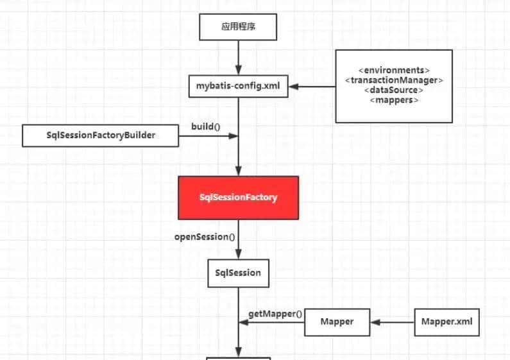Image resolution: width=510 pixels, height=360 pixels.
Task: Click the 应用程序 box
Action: point(239,28)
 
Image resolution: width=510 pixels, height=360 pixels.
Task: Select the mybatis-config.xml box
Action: point(238,85)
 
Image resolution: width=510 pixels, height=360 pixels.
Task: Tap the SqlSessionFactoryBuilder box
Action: point(101,135)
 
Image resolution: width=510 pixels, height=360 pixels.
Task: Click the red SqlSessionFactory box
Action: point(239,197)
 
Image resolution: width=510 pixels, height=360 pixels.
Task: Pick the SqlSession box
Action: point(238,273)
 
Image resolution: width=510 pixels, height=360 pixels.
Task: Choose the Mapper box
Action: point(337,321)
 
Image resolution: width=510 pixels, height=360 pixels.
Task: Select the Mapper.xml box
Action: point(447,321)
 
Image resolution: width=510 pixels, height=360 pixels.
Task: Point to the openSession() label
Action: point(205,237)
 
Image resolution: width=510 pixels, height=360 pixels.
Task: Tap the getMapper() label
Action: point(275,314)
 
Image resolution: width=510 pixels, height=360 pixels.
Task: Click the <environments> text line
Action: point(394,69)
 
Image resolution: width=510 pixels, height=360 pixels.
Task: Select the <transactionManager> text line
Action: point(394,80)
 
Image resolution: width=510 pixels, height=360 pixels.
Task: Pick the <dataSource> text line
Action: point(394,90)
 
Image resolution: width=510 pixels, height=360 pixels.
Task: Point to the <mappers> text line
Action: point(394,100)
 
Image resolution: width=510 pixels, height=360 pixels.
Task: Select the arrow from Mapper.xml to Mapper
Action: point(393,321)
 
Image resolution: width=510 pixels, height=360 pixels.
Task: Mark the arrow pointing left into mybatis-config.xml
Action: point(312,86)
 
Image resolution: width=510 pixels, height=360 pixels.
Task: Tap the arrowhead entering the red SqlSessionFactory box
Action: point(239,171)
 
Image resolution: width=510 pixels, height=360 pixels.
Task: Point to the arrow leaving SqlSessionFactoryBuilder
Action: point(208,136)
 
